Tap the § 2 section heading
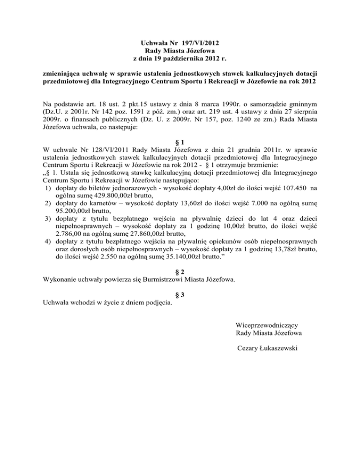tap(180, 271)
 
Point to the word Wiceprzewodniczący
tap(270, 324)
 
